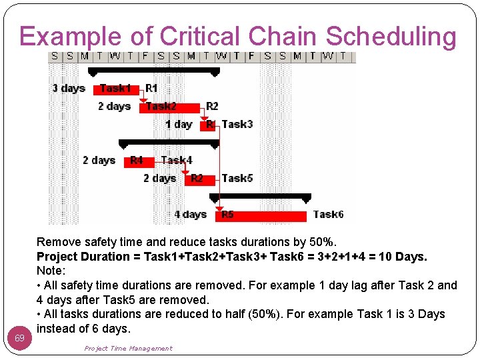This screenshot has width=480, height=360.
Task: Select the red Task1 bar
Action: click(x=117, y=89)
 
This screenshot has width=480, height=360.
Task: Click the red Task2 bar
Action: click(x=169, y=107)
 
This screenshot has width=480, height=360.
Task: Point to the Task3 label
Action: click(x=237, y=124)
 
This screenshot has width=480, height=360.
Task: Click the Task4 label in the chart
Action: click(x=177, y=160)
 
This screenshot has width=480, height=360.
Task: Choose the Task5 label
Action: click(x=237, y=178)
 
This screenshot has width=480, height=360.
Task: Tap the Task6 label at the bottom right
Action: click(x=328, y=214)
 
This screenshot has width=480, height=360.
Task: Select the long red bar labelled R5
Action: click(x=260, y=215)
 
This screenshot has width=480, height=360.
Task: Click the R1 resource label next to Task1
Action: click(x=151, y=88)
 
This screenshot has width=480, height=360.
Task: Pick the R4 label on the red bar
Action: click(x=136, y=160)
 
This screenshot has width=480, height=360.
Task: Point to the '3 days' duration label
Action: click(x=69, y=88)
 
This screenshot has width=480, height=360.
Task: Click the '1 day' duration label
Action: click(x=178, y=124)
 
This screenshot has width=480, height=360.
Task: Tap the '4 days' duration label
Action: click(x=190, y=214)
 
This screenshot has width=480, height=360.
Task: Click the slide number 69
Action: click(x=20, y=339)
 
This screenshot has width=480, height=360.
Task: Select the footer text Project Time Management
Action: click(x=128, y=348)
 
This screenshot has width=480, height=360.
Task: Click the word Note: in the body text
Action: click(x=51, y=271)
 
